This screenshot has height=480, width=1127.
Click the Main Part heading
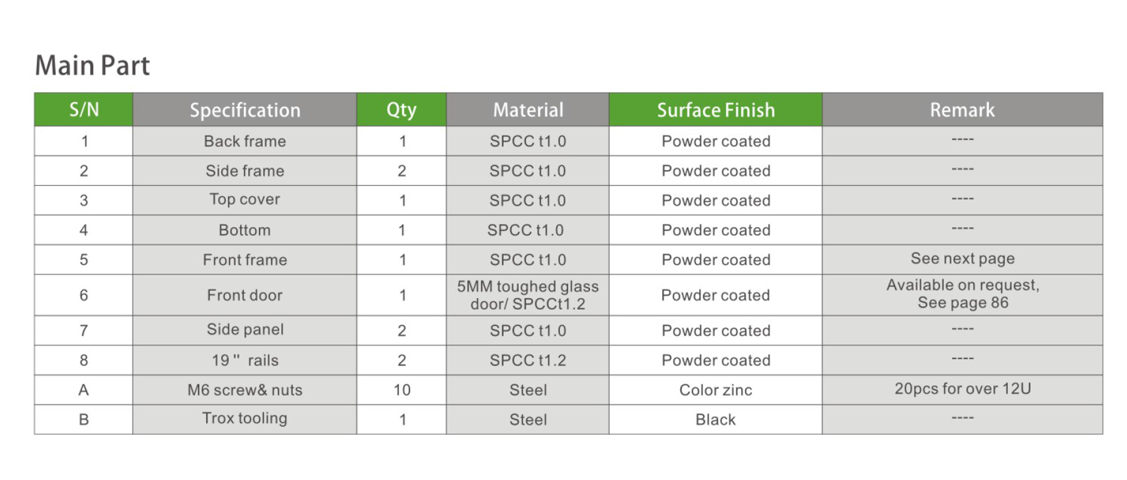(92, 65)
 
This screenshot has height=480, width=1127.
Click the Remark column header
(962, 110)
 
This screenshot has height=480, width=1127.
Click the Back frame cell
(245, 141)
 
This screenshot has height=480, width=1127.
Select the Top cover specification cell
(245, 200)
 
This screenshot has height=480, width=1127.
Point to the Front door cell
(245, 295)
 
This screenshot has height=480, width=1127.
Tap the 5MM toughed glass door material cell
(527, 295)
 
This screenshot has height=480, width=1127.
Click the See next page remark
(963, 259)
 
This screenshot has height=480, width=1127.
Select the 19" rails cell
(245, 360)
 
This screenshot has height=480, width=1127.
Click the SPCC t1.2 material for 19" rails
(527, 360)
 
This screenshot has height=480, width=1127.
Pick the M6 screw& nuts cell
(245, 390)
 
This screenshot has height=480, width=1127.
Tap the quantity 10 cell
(402, 390)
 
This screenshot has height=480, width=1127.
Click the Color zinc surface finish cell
(716, 390)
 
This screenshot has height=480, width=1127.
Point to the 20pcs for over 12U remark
(963, 388)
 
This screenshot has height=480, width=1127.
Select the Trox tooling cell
(245, 419)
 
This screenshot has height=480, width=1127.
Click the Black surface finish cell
(716, 419)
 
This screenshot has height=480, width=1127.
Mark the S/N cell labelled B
(84, 419)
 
